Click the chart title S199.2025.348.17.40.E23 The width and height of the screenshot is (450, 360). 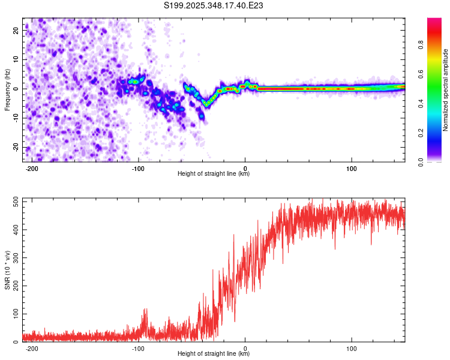(x=214, y=6)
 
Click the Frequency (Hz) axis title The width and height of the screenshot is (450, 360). (x=8, y=89)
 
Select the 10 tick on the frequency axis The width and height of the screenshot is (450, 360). (x=16, y=59)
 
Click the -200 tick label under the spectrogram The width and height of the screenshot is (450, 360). (x=32, y=169)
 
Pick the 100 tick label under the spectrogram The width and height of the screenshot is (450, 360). (x=352, y=169)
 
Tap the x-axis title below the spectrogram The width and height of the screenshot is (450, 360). (x=214, y=174)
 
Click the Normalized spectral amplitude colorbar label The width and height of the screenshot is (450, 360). (x=446, y=89)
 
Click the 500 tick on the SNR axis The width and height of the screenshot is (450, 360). (x=13, y=201)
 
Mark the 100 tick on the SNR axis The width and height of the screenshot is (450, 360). (x=13, y=314)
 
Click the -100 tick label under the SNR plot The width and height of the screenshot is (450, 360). (x=139, y=349)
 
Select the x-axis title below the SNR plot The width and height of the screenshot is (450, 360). (x=214, y=354)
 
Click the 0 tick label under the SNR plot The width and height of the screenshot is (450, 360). (x=245, y=349)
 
